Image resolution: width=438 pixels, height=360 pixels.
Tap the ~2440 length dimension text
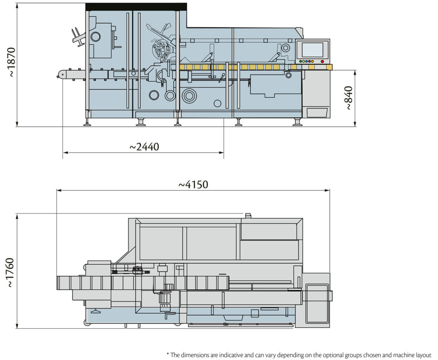pos(144,147)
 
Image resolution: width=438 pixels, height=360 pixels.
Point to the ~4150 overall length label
pos(193,184)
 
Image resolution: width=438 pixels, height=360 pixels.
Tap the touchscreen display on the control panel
pos(312,50)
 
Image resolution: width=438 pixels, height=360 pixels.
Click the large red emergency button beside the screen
pos(322,61)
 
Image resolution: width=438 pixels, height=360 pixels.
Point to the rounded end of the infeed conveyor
pos(60,74)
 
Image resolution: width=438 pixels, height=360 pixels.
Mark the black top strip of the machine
pos(136,6)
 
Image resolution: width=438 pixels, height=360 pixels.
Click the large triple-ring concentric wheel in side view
pos(189,96)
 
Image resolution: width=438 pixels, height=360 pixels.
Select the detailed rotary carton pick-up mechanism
pos(162,49)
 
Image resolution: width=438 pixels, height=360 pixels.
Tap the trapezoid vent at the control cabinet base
pos(317,113)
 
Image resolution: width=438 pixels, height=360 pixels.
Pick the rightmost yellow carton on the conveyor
pos(328,67)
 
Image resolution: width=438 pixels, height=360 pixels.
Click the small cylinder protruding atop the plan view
pos(247,214)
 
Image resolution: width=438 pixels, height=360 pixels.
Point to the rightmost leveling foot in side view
pos(297,123)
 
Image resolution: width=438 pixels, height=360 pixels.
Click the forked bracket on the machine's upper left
pos(78,37)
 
